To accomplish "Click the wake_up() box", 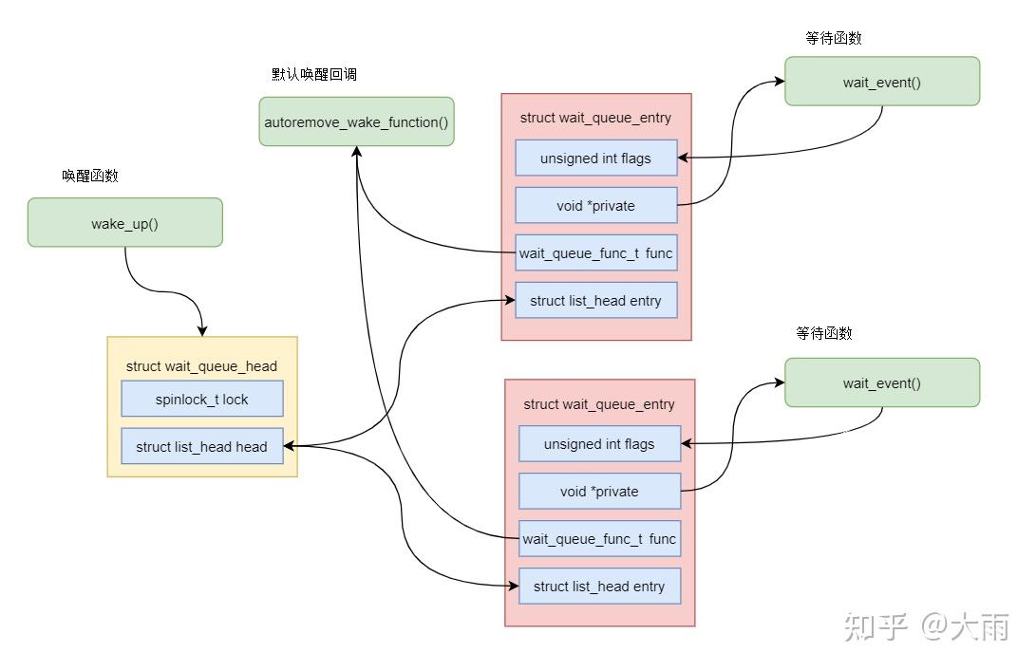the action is point(125,223).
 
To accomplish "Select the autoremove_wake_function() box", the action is point(356,121).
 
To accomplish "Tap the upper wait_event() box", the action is point(882,82).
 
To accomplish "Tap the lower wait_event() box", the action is point(882,382).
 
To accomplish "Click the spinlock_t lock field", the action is point(202,399).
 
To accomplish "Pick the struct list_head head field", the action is point(202,446).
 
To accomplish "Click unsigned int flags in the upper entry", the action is point(596,158).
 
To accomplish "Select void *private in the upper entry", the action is point(596,205).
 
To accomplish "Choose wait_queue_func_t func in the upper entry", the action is point(596,253).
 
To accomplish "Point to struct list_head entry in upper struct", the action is point(596,301).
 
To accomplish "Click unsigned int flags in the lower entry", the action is point(599,444).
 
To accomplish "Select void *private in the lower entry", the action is point(599,492).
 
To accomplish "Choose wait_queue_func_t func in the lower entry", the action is point(599,539).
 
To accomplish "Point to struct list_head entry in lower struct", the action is point(599,587).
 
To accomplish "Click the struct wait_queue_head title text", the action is point(201,366).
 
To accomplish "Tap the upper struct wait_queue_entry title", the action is point(595,119).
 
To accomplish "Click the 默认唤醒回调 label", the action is point(314,74).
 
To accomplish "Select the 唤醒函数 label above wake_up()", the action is point(90,176).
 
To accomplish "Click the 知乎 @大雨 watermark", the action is point(926,626).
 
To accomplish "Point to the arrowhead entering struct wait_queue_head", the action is point(202,331).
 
